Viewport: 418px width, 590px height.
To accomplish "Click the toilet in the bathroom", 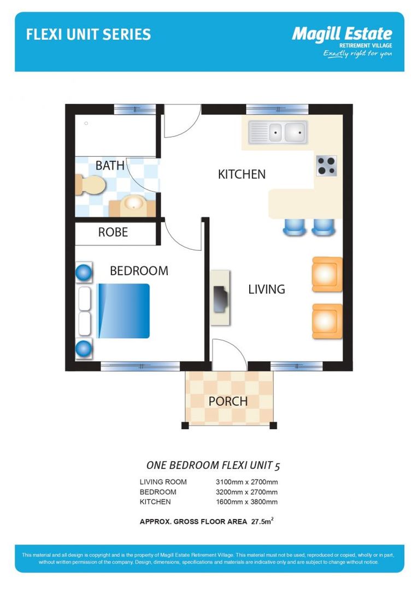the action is pos(90,185).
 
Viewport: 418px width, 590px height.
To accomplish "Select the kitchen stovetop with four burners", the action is pos(326,166).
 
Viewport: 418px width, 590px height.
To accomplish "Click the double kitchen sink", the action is pos(278,132).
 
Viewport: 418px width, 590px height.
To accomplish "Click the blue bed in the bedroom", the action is pos(123,311).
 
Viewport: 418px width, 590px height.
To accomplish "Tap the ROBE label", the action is pos(113,232).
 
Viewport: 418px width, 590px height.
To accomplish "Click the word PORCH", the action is pos(228,401).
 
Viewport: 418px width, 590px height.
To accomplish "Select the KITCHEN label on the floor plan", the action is pos(242,174).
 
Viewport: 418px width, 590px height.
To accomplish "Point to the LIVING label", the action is pos(267,289).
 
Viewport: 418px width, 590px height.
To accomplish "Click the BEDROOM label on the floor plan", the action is pos(139,270).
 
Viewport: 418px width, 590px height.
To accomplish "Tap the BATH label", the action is pos(110,165).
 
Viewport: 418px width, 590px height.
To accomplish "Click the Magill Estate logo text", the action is pos(342,34).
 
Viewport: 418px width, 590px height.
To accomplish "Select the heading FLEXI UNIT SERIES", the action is pos(89,34).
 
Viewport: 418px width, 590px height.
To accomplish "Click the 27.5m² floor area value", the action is pos(262,521).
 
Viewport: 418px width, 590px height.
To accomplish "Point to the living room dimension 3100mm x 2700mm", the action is pos(247,482).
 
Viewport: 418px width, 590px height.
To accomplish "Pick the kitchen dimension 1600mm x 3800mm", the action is pos(247,501).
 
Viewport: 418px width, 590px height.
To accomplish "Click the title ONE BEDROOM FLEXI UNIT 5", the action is pos(213,465).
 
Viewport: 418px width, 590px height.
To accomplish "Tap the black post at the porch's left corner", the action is pos(185,426).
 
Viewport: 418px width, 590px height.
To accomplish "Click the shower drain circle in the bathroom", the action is pos(86,123).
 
